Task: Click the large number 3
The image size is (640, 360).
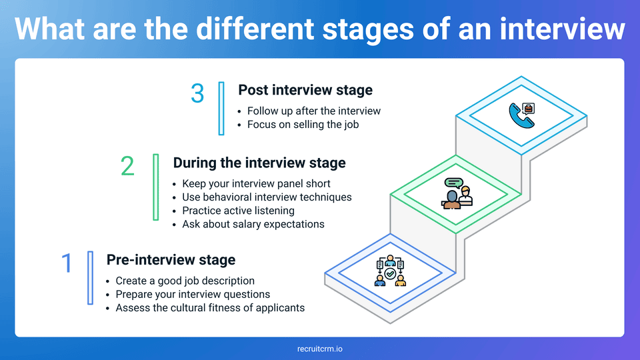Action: point(197,93)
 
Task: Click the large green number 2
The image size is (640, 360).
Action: point(127,166)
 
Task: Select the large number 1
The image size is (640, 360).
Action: point(66,263)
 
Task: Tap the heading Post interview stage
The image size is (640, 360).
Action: point(305,90)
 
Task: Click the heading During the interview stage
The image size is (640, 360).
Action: point(259,163)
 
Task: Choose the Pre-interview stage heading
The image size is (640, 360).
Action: point(171,260)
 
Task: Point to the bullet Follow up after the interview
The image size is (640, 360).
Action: point(313,111)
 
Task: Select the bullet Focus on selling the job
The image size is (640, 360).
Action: point(303,124)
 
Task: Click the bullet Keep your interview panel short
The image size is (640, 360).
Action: point(256,183)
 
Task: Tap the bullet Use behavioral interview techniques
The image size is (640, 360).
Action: point(267,197)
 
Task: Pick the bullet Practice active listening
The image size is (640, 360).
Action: point(238,211)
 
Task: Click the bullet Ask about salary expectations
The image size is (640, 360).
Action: point(253,224)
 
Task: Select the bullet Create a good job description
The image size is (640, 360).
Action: point(185,281)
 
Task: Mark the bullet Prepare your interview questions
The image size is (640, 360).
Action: point(193,294)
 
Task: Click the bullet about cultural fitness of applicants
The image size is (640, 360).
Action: point(209,308)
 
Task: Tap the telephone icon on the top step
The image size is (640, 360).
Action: point(521,115)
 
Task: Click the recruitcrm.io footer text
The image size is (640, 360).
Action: point(320,349)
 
